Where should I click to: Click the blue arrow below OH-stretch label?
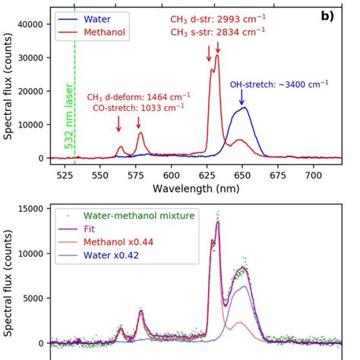click(242, 97)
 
